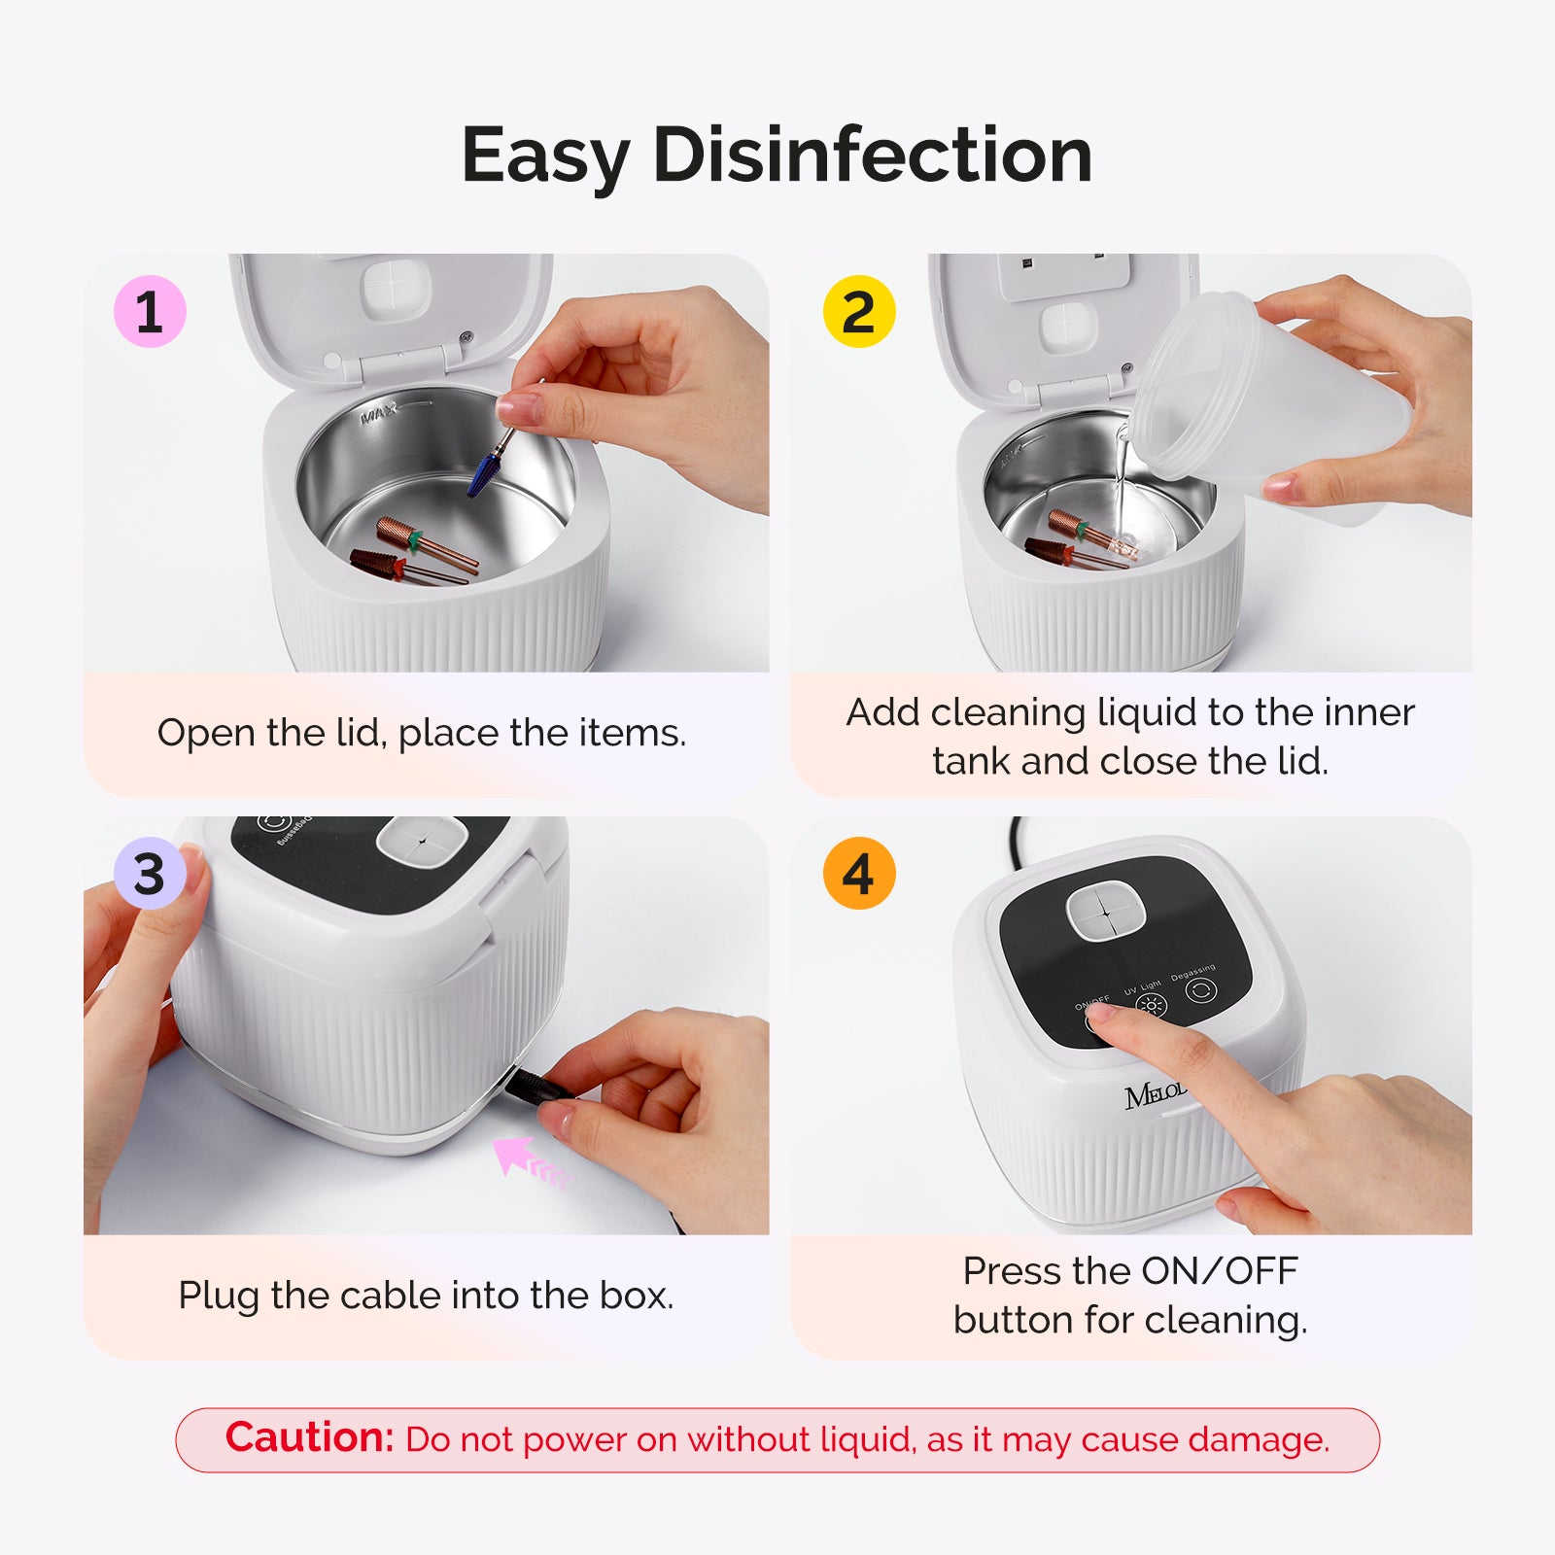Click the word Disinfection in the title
(873, 155)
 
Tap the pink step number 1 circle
(150, 312)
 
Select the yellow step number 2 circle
(858, 312)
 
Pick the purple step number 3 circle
(150, 874)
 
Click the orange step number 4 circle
(858, 874)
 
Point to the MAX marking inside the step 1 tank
(379, 415)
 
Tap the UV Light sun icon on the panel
(1151, 1005)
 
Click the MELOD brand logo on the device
(1155, 1095)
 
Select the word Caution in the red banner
(309, 1437)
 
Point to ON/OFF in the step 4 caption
(1219, 1271)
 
